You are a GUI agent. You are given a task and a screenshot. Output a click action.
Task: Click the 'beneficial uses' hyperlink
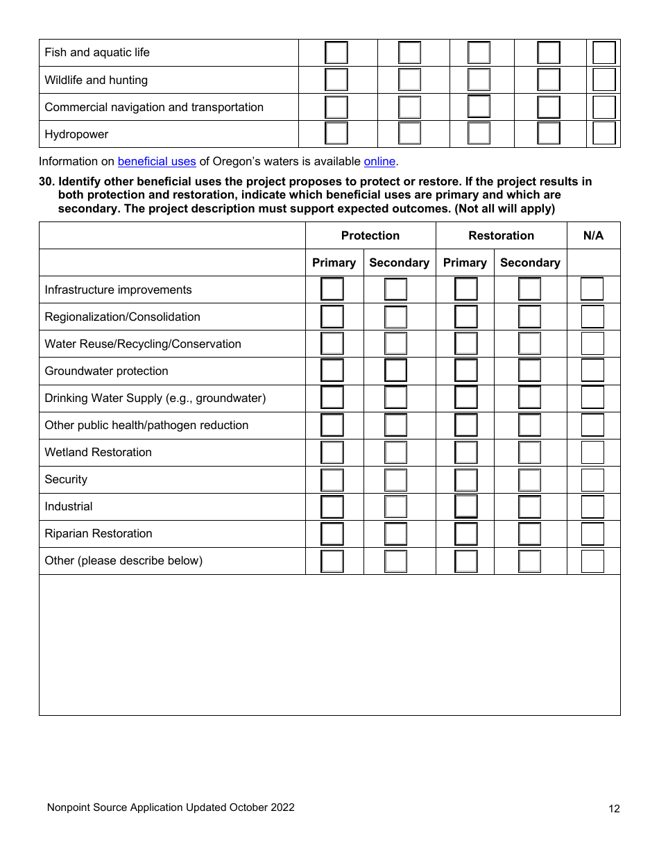[157, 161]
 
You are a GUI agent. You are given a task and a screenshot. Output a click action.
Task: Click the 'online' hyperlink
[379, 161]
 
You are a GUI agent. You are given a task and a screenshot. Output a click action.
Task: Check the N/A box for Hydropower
[604, 133]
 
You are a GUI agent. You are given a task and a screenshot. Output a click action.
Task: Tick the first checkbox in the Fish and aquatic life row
[336, 53]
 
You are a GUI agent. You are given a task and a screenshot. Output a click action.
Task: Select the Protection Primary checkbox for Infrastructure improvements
[332, 290]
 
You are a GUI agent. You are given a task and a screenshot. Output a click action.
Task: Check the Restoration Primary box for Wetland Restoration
[466, 453]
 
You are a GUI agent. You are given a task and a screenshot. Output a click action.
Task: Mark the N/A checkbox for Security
[592, 480]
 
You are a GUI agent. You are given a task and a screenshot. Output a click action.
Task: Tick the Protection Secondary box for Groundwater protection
[396, 371]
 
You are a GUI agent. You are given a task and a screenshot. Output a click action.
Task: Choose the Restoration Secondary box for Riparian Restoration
[529, 534]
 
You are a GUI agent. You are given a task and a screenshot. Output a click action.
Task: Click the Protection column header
[370, 235]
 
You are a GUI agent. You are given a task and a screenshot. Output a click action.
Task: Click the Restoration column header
[501, 235]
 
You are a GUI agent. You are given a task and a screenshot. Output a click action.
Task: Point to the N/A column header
[593, 235]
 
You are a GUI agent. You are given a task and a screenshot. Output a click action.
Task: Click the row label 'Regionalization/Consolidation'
[122, 317]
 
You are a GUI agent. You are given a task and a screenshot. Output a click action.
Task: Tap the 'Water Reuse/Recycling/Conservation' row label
[143, 344]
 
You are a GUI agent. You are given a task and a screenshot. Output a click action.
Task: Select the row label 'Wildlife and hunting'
[96, 80]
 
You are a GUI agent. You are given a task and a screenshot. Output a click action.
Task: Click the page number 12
[614, 808]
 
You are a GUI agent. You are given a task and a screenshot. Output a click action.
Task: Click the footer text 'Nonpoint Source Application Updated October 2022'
[171, 807]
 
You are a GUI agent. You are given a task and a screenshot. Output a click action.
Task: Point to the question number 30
[46, 181]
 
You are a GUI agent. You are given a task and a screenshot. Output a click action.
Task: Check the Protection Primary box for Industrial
[332, 507]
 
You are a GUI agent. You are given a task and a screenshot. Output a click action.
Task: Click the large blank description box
[329, 644]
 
